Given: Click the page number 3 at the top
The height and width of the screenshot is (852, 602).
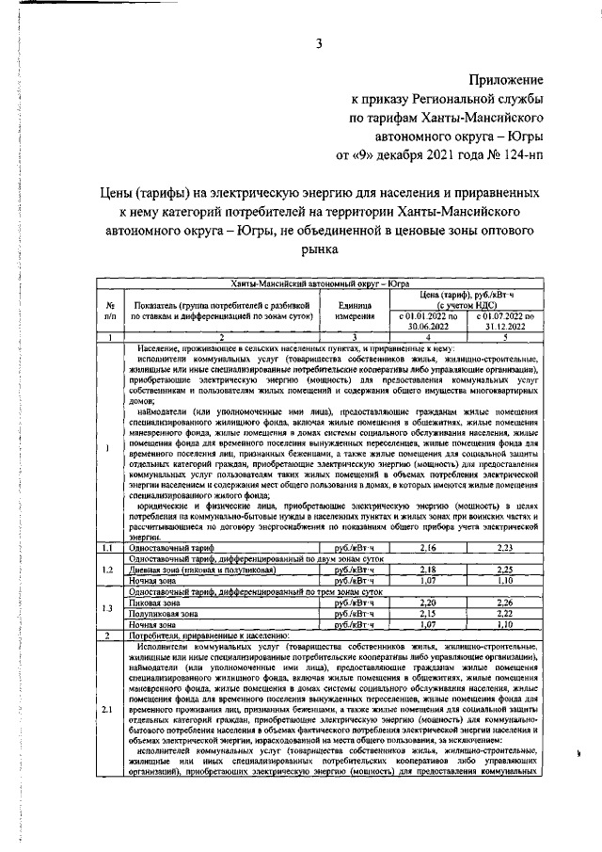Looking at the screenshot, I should pyautogui.click(x=319, y=42).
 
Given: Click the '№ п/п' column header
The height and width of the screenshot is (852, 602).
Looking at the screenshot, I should pyautogui.click(x=110, y=310).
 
